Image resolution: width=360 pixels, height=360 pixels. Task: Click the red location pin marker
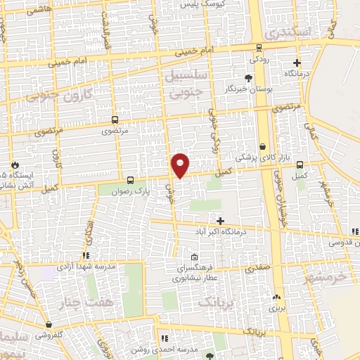point(181,165)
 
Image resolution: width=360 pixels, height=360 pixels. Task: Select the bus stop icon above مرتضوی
point(115,120)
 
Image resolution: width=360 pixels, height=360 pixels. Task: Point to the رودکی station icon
point(259,48)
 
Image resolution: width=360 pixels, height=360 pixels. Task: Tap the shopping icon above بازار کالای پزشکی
point(262,147)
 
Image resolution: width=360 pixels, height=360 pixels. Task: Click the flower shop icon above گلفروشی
point(48,325)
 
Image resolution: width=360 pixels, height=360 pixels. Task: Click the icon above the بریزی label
point(276,297)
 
